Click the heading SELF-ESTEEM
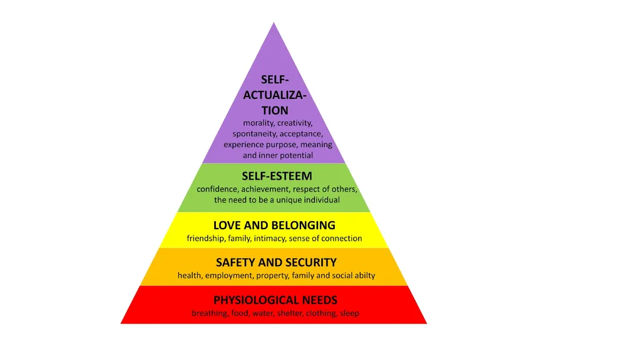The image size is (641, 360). tap(277, 176)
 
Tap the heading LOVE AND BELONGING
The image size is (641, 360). tap(274, 225)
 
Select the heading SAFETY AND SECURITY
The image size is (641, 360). tap(276, 262)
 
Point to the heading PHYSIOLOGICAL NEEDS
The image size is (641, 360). tap(275, 300)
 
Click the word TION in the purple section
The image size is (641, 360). tap(275, 110)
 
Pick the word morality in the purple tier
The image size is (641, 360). tap(259, 123)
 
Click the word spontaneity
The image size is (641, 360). tap(255, 134)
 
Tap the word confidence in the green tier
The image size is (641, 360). tap(217, 189)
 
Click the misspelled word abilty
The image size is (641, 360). tap(365, 275)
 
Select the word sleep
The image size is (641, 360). tap(349, 314)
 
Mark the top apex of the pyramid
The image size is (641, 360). tap(274, 23)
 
